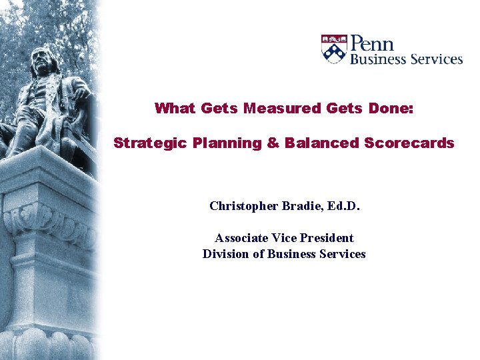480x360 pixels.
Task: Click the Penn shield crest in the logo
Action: (x=334, y=49)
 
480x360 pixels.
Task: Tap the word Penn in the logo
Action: (x=373, y=44)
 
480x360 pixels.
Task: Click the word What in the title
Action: (x=171, y=108)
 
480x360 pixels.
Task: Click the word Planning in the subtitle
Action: (x=223, y=143)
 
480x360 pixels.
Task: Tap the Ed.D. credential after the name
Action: (x=344, y=205)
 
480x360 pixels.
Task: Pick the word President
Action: (x=330, y=237)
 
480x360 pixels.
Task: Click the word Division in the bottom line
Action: (x=227, y=253)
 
